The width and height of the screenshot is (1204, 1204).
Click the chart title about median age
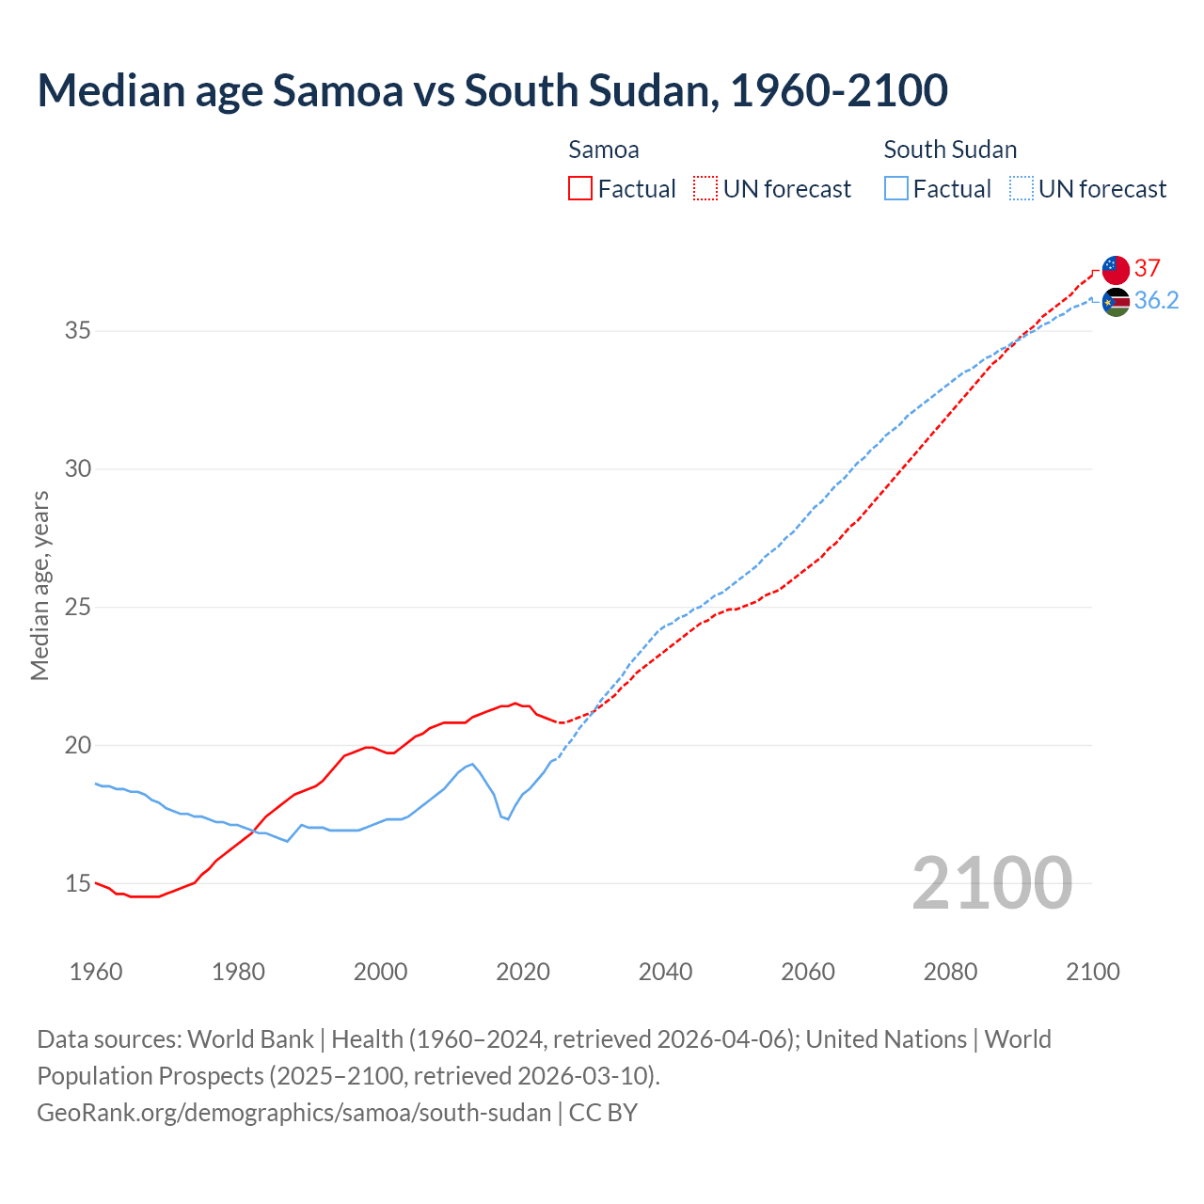click(x=492, y=90)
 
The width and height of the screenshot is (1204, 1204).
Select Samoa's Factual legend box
click(x=580, y=188)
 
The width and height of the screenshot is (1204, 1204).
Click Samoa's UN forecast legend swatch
click(x=705, y=188)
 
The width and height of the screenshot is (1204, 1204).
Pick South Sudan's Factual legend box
click(x=896, y=188)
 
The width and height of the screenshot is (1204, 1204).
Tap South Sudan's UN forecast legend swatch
click(x=1022, y=188)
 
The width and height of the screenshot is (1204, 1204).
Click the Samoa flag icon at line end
click(x=1116, y=269)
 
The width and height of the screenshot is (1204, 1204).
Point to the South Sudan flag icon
click(x=1116, y=302)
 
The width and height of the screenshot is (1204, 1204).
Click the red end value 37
click(x=1148, y=268)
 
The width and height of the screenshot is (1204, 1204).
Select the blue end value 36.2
click(x=1156, y=300)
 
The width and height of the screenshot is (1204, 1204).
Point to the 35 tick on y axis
click(x=77, y=331)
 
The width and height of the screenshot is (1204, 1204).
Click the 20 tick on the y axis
click(x=77, y=745)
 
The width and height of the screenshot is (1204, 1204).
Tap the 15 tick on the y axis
click(x=77, y=883)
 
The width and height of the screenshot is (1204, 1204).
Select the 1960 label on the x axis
click(x=96, y=972)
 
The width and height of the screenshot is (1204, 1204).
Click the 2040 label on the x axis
click(x=666, y=972)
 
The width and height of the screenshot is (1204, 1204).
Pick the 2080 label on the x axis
click(x=950, y=972)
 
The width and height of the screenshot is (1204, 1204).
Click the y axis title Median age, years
click(x=40, y=585)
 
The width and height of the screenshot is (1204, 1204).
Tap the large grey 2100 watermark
click(x=991, y=882)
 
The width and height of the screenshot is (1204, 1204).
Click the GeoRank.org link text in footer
click(x=293, y=1112)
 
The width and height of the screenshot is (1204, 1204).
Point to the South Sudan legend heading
click(x=950, y=150)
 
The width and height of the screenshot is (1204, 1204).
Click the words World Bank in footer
click(x=250, y=1038)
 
